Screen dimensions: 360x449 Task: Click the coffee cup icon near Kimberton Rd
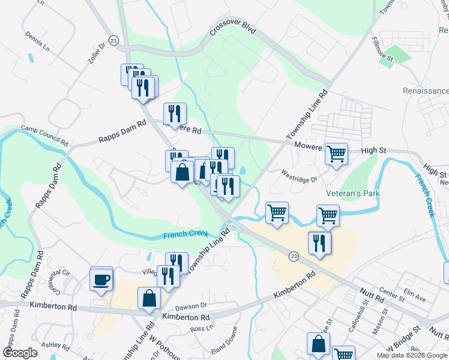(x=101, y=279)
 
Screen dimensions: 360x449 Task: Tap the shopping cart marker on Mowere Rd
(x=336, y=153)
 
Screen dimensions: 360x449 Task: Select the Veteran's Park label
(x=353, y=194)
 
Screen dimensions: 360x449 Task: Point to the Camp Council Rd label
(x=44, y=136)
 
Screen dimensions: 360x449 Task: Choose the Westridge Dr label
(x=298, y=176)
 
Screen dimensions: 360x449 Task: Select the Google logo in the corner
(x=20, y=353)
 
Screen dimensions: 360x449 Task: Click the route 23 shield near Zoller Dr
(x=114, y=39)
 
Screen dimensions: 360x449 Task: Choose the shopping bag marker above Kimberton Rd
(x=148, y=298)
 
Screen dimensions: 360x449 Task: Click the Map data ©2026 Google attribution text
(x=412, y=355)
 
